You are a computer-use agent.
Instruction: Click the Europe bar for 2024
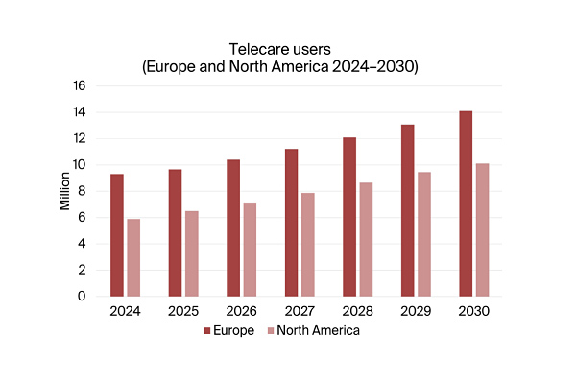tap(116, 235)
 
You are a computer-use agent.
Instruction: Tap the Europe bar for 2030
tap(465, 204)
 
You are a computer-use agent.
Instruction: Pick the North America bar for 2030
tap(482, 229)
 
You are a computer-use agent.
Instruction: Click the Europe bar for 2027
tap(291, 223)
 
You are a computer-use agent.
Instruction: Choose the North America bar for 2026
tap(250, 250)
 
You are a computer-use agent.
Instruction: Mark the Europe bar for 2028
tap(348, 217)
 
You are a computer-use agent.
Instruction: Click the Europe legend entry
tap(228, 331)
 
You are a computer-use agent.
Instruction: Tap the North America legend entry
tap(312, 331)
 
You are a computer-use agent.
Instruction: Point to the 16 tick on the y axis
tap(80, 85)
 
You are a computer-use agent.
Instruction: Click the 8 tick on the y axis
tap(83, 191)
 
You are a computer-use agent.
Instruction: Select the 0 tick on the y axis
tap(83, 297)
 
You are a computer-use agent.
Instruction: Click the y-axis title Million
tap(64, 190)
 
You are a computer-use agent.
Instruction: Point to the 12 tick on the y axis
tap(80, 138)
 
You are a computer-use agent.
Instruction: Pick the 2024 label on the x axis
tap(125, 312)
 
